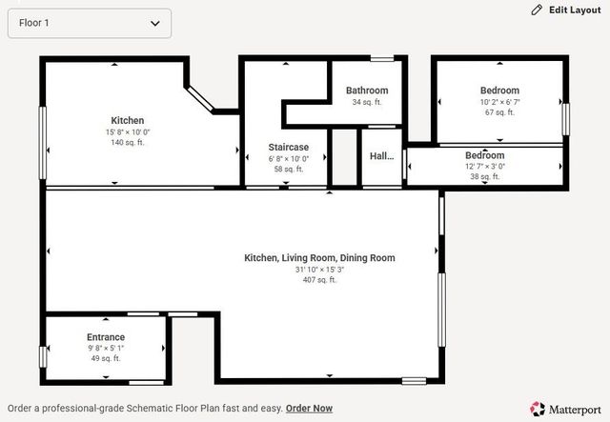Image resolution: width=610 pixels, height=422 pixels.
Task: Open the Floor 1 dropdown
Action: (89, 23)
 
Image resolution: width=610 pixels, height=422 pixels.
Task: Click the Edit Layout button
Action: (566, 10)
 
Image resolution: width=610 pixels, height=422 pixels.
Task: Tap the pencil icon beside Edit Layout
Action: (537, 10)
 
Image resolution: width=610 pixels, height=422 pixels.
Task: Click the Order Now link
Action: (309, 409)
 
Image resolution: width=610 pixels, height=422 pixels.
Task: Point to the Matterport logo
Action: (565, 410)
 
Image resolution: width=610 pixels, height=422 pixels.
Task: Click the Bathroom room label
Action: (367, 90)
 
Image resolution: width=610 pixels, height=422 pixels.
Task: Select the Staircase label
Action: (288, 148)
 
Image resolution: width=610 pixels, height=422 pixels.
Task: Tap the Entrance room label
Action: (106, 337)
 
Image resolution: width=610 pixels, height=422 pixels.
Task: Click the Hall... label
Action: (381, 156)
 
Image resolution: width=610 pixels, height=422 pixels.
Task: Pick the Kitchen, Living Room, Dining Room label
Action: (319, 258)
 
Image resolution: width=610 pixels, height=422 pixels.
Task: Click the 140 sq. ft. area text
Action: (127, 142)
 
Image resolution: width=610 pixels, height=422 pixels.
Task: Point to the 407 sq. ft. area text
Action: (319, 280)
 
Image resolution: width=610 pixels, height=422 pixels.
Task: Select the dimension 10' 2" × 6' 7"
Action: (499, 102)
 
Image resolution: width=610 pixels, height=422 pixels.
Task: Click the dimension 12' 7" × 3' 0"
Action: (485, 167)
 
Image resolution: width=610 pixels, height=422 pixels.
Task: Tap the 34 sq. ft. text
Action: (367, 102)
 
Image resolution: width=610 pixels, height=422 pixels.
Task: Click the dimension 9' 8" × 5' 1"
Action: (106, 348)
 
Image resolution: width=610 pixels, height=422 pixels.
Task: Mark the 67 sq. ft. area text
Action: (499, 112)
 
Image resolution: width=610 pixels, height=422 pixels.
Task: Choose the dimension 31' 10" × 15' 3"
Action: (319, 270)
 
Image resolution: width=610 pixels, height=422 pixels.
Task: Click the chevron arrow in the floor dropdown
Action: (155, 23)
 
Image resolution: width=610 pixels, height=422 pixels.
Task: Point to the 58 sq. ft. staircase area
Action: (288, 170)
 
